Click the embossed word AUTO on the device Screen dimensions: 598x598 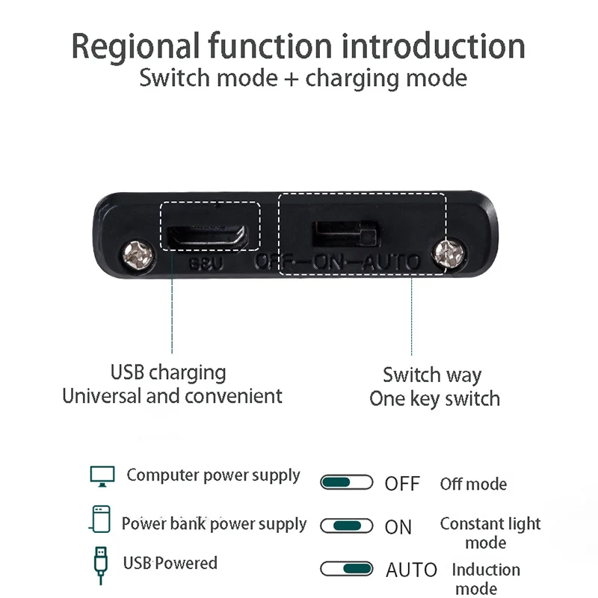388,262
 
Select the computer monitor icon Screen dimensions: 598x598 102,475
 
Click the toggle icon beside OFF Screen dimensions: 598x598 346,482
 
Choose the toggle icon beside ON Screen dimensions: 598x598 346,525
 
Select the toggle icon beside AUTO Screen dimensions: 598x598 346,569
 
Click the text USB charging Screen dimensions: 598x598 168,372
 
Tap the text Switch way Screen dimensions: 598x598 432,374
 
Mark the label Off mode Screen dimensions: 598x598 473,484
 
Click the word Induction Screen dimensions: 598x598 486,570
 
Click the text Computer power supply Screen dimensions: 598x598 213,475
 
